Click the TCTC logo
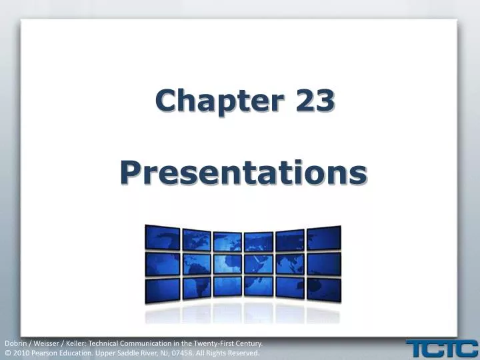click(x=442, y=348)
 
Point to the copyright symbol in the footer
click(x=7, y=353)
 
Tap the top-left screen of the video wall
click(x=163, y=238)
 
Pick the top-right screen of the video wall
click(x=325, y=238)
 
